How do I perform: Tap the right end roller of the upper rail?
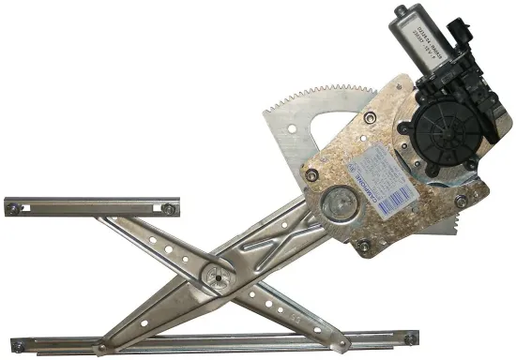tap(168, 208)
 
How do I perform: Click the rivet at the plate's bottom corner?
tap(362, 247)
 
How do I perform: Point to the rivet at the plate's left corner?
tap(307, 172)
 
